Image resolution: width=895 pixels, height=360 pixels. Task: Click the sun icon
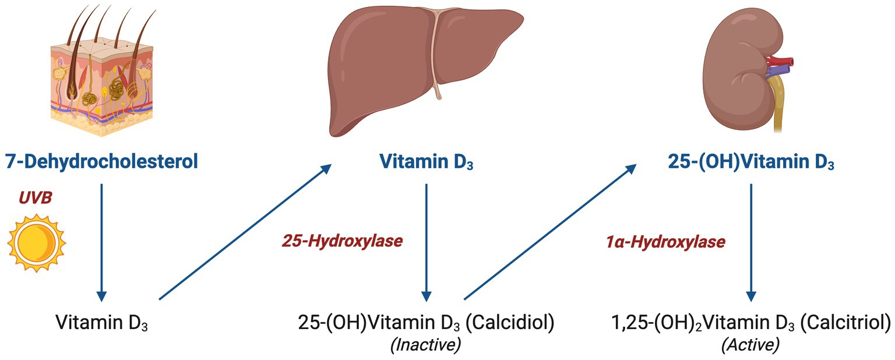36,242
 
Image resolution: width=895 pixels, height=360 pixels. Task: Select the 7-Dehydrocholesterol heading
101,161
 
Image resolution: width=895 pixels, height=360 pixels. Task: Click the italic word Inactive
425,345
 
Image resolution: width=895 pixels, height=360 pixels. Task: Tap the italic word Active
750,345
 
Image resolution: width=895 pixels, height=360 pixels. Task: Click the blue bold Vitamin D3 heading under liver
426,162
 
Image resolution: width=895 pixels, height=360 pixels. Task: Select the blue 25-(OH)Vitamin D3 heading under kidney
751,162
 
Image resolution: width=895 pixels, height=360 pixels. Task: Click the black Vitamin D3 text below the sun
101,322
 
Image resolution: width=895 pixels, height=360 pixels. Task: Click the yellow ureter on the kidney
778,117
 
